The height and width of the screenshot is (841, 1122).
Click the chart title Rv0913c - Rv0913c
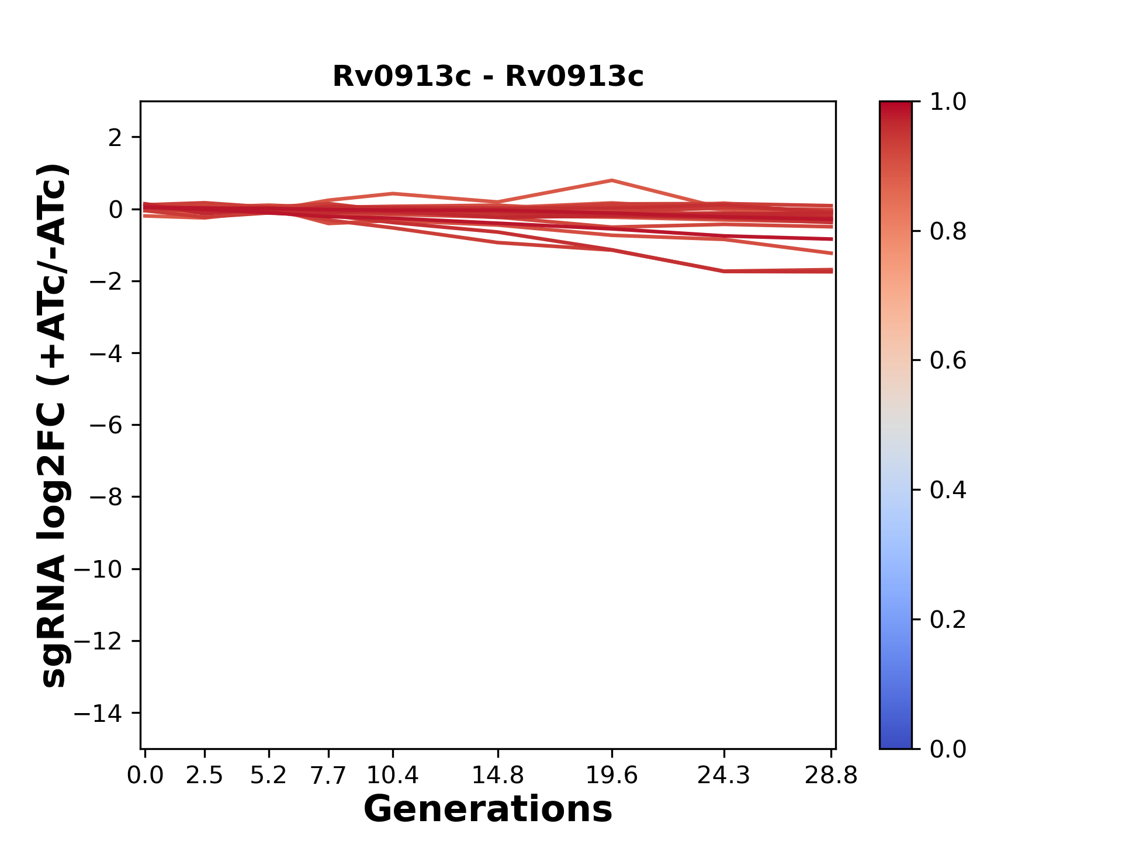click(488, 77)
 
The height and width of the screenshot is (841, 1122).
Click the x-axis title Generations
click(488, 809)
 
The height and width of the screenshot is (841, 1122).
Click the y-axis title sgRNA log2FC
click(54, 425)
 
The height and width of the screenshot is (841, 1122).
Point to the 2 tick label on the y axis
click(115, 138)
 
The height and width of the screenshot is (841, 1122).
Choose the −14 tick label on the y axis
click(98, 713)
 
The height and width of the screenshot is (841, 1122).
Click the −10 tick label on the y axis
click(98, 569)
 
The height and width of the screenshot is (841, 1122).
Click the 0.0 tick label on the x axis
click(145, 775)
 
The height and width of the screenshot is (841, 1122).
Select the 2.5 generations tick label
click(205, 775)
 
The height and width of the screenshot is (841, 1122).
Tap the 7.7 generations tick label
click(328, 775)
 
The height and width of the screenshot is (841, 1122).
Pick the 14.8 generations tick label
click(497, 775)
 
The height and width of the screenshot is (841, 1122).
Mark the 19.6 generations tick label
click(611, 775)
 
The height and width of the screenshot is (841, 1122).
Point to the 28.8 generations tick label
click(831, 775)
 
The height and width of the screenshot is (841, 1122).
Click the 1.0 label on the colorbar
click(948, 102)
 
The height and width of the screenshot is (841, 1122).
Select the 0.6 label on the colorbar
click(948, 361)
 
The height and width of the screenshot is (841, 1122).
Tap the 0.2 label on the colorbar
click(948, 620)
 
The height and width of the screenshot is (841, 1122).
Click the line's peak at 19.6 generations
click(611, 180)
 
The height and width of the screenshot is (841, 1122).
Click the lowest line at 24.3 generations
click(724, 271)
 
